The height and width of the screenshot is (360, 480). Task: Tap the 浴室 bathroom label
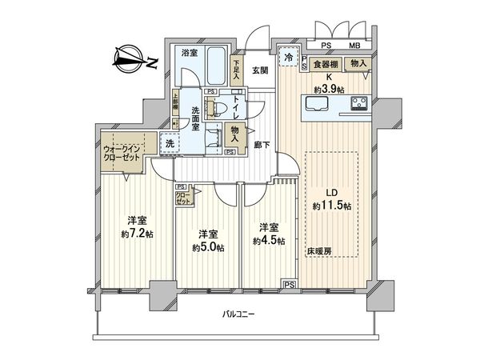190,54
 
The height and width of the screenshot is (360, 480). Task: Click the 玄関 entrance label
258,69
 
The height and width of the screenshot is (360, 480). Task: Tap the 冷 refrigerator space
287,58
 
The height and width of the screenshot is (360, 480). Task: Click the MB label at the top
353,46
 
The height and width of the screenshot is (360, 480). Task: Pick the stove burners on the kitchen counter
358,103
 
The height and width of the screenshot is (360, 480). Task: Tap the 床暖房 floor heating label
317,251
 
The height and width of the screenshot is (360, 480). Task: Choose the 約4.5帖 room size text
267,240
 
